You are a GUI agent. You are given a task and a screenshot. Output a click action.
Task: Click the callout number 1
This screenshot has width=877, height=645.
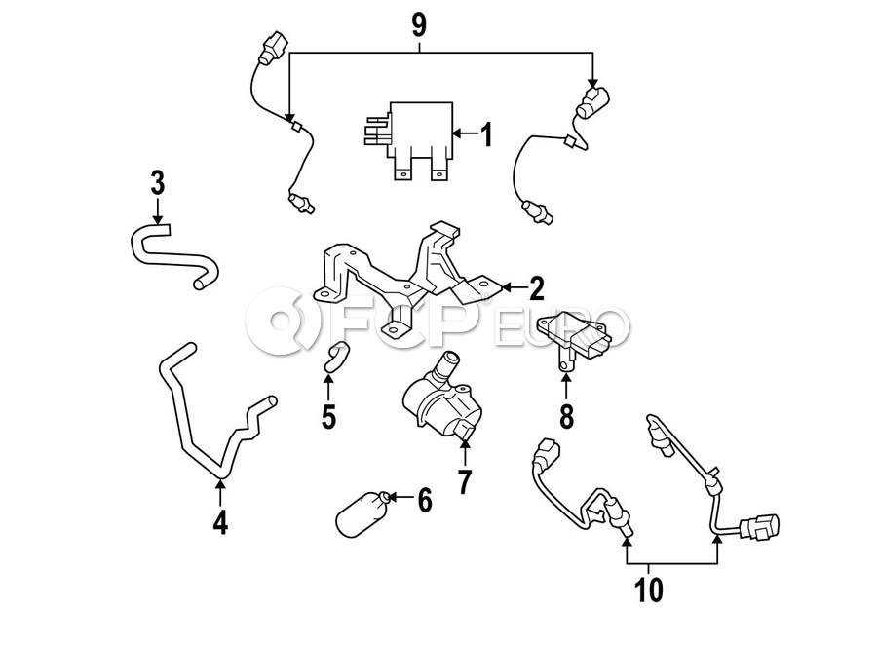point(487,134)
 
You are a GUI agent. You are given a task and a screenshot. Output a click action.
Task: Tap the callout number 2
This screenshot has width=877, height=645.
point(536,288)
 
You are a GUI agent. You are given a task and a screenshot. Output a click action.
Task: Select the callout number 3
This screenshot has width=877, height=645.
point(158,183)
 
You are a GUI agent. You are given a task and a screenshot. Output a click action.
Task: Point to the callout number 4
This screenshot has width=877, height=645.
point(220,522)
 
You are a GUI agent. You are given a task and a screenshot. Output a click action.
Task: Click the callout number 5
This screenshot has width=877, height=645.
point(328,416)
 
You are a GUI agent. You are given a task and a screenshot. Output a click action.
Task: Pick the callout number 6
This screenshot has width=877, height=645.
point(425,500)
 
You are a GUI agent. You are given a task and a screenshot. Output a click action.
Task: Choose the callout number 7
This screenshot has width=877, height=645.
point(464,482)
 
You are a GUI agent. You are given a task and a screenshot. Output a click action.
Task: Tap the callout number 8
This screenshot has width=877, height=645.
point(566,416)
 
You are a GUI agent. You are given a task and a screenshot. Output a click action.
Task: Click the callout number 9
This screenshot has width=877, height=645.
point(419,25)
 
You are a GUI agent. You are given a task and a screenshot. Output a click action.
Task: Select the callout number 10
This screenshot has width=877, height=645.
point(649,589)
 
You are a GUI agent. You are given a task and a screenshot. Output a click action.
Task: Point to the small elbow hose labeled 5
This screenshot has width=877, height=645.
point(336,357)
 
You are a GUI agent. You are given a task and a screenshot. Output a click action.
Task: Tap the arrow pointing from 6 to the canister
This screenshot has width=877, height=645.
point(401,497)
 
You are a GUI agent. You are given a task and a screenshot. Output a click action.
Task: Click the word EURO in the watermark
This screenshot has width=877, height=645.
point(561,326)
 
